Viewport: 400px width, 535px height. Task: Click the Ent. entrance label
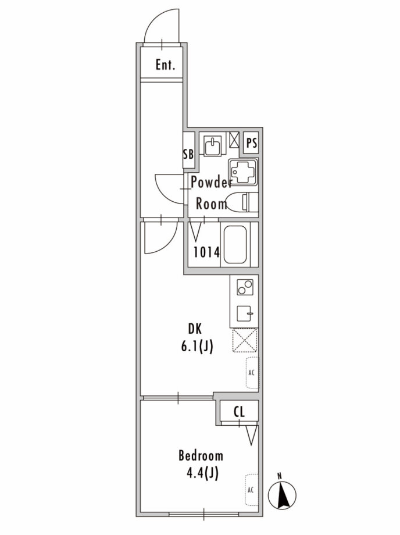tap(165, 65)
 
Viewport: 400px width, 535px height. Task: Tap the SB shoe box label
tap(188, 154)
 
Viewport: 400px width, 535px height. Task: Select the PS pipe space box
tap(252, 142)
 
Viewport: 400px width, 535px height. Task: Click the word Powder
tap(211, 183)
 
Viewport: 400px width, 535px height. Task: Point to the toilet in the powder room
tap(242, 202)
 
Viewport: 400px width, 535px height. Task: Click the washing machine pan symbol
tap(243, 172)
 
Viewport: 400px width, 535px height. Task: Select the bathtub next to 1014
tap(235, 244)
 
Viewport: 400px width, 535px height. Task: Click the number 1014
tap(206, 252)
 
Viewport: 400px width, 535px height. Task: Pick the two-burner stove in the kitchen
tap(245, 287)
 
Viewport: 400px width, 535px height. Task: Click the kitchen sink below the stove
tap(245, 313)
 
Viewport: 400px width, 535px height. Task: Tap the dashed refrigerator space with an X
tap(245, 340)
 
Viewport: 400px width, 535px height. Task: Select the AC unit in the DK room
tap(252, 373)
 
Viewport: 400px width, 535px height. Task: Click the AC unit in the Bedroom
tap(251, 490)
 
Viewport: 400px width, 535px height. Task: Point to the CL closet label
tap(239, 412)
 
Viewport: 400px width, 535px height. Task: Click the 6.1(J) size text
tap(197, 347)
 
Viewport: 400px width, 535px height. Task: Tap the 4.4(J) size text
tap(202, 473)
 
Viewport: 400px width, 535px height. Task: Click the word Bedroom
tap(201, 456)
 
